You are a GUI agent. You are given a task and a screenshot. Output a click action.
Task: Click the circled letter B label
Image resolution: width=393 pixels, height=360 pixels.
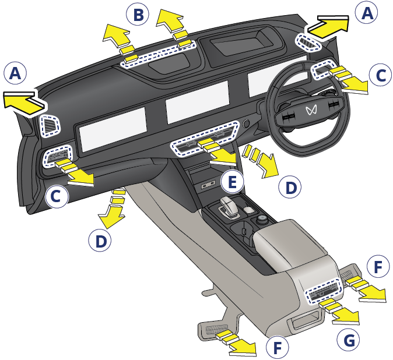138,14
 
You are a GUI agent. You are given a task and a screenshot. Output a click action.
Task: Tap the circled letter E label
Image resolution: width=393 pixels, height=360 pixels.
232,181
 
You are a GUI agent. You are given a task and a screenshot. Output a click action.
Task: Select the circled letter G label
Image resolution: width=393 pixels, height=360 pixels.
349,340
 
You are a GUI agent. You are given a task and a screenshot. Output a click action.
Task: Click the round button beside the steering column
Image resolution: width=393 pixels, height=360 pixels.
245,123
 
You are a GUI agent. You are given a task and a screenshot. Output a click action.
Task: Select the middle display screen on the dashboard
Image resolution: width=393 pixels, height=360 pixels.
197,102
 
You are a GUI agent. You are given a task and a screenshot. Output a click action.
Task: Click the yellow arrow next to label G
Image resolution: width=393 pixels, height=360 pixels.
341,312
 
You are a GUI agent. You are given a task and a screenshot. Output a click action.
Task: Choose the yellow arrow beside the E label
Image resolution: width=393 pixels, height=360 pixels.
217,153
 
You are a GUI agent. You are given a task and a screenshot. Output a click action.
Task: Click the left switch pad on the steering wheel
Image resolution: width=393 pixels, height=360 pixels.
287,115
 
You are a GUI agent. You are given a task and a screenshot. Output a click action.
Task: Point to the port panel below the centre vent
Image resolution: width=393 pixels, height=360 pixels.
208,185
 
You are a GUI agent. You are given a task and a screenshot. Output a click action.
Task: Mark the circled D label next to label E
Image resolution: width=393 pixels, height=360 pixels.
290,187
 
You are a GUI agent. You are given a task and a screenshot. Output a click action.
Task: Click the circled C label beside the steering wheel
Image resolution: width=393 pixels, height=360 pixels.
381,75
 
